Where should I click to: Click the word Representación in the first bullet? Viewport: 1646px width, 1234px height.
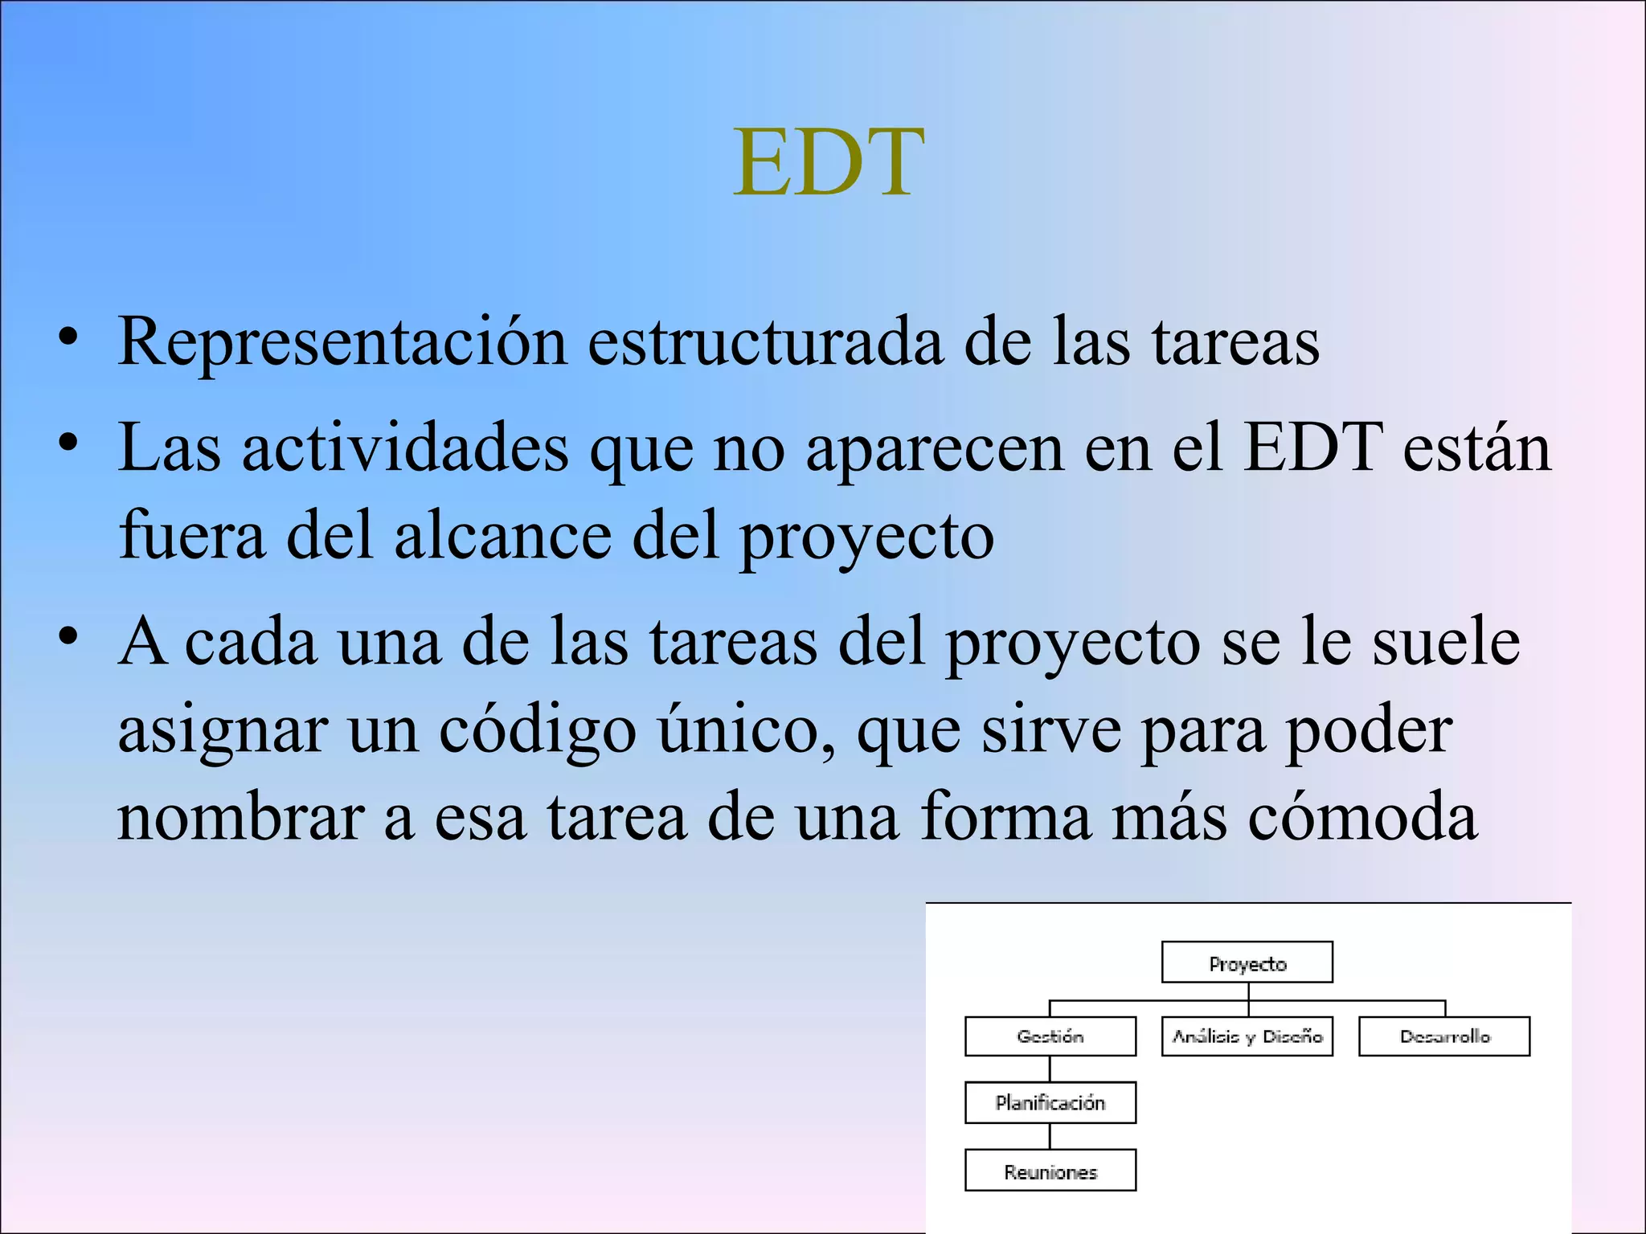[342, 342]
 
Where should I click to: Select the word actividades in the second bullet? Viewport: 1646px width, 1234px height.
[405, 448]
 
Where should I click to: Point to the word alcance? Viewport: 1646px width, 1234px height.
[503, 537]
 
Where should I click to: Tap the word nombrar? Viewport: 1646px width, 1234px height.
[241, 818]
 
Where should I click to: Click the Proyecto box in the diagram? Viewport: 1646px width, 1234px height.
[1247, 962]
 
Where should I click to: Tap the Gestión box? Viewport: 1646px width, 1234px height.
[1050, 1036]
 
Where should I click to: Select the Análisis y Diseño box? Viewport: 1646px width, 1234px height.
[1247, 1036]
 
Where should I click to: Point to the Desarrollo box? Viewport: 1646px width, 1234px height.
[1444, 1036]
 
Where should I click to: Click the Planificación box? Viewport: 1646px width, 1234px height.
[1050, 1102]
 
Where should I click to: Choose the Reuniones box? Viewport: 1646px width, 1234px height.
[1050, 1171]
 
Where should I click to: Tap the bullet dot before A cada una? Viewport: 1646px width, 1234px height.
[68, 635]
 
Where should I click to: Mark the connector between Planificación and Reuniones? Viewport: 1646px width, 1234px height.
[1050, 1136]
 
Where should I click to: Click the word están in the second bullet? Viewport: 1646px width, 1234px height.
[1476, 448]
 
